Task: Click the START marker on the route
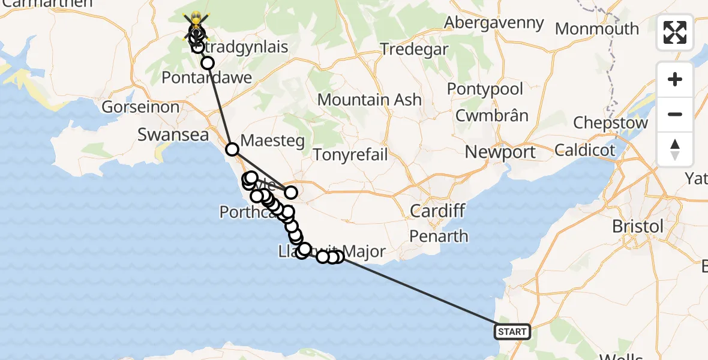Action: tap(512, 331)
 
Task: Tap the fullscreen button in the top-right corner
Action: tap(675, 32)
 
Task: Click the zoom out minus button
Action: tap(675, 114)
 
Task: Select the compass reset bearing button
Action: tap(675, 149)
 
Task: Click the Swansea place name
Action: tap(173, 134)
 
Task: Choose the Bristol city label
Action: tap(638, 226)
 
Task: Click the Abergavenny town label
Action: tap(494, 23)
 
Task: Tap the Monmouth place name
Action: tap(597, 28)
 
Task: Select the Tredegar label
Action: tap(414, 49)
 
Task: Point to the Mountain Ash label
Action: tap(370, 100)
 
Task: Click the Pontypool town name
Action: tap(485, 89)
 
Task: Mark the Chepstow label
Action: tap(610, 123)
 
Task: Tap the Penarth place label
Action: tap(439, 236)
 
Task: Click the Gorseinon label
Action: tap(140, 107)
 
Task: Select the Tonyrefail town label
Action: tap(350, 154)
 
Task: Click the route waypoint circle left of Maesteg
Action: tap(232, 149)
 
